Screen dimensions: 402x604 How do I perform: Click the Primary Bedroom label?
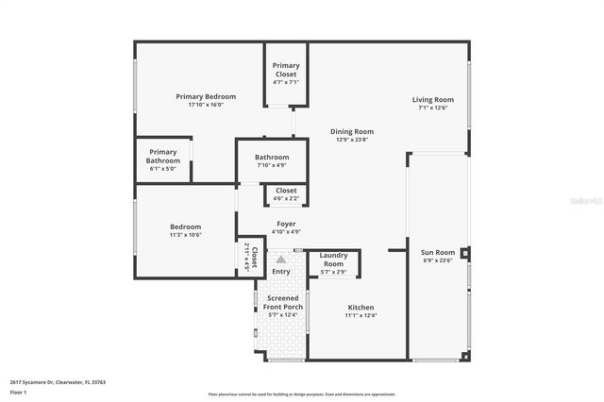pyautogui.click(x=206, y=96)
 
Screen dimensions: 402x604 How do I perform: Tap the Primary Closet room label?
pyautogui.click(x=286, y=70)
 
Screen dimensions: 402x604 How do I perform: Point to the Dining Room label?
pyautogui.click(x=351, y=131)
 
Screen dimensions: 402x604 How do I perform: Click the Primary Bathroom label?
pyautogui.click(x=162, y=156)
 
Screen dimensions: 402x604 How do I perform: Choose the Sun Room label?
pyautogui.click(x=437, y=252)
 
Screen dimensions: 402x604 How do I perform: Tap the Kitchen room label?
pyautogui.click(x=361, y=308)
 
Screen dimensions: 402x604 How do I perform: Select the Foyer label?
pyautogui.click(x=285, y=224)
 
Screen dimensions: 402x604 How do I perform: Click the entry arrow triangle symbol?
pyautogui.click(x=280, y=258)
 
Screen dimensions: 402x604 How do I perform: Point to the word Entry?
pyautogui.click(x=281, y=272)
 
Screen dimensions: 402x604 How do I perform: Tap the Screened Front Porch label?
pyautogui.click(x=281, y=303)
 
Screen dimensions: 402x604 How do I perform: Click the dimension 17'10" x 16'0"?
pyautogui.click(x=206, y=105)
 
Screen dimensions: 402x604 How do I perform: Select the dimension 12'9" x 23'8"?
pyautogui.click(x=351, y=140)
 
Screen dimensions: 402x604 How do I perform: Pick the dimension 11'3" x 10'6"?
pyautogui.click(x=185, y=235)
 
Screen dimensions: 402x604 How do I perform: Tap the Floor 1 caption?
pyautogui.click(x=19, y=391)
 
